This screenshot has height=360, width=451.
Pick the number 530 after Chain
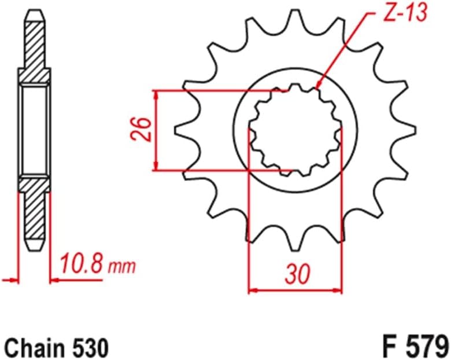point(89,348)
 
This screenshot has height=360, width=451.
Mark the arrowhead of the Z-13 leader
point(319,87)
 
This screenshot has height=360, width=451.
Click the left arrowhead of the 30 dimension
point(252,289)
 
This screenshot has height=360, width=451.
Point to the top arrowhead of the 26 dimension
point(156,94)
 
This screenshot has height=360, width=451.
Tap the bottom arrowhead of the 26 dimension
point(156,167)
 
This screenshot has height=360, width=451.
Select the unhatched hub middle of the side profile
point(35,130)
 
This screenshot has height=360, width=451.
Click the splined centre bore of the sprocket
point(294,130)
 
